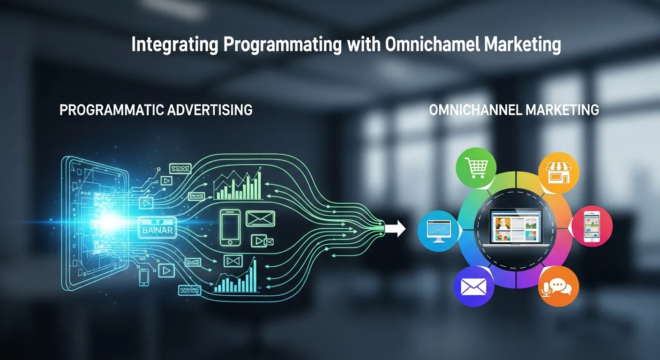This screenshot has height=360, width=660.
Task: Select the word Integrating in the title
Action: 174,45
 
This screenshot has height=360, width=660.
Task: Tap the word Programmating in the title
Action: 281,45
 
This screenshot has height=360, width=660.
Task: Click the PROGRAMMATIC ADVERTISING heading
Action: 156,110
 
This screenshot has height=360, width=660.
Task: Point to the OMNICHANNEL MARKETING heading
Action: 514,110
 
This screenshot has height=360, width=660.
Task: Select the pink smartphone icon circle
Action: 592,226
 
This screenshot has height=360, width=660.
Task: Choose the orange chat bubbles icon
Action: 558,287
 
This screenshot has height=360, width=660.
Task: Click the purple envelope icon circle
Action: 474,286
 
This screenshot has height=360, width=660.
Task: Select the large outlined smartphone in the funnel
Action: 230,227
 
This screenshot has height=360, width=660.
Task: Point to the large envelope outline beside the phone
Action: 260,218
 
